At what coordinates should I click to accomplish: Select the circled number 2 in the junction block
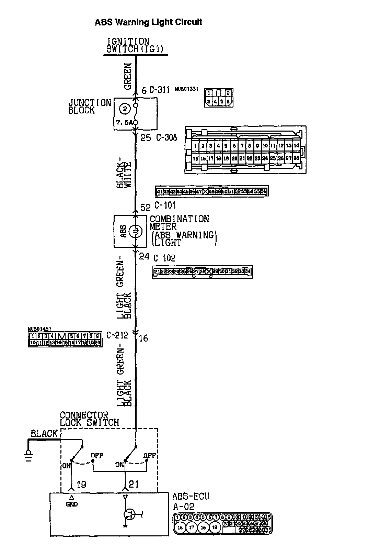125,110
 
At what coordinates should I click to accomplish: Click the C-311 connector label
160,90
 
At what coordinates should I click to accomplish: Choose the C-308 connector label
166,138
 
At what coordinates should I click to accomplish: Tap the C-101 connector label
165,205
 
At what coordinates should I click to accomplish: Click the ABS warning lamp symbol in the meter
135,231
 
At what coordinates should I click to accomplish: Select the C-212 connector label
117,335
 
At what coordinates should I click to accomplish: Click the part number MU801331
187,89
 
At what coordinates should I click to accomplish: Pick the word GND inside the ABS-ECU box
72,504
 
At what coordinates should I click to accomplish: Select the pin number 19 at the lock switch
82,484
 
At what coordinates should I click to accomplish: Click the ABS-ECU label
191,496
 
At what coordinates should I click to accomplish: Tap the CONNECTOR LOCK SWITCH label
89,419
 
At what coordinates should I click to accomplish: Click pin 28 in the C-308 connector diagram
296,158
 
